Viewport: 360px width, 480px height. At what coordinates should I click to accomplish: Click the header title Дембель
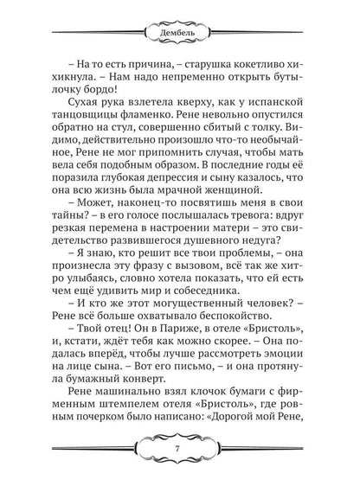click(180, 36)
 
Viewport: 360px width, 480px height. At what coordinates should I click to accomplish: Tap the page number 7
click(180, 449)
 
